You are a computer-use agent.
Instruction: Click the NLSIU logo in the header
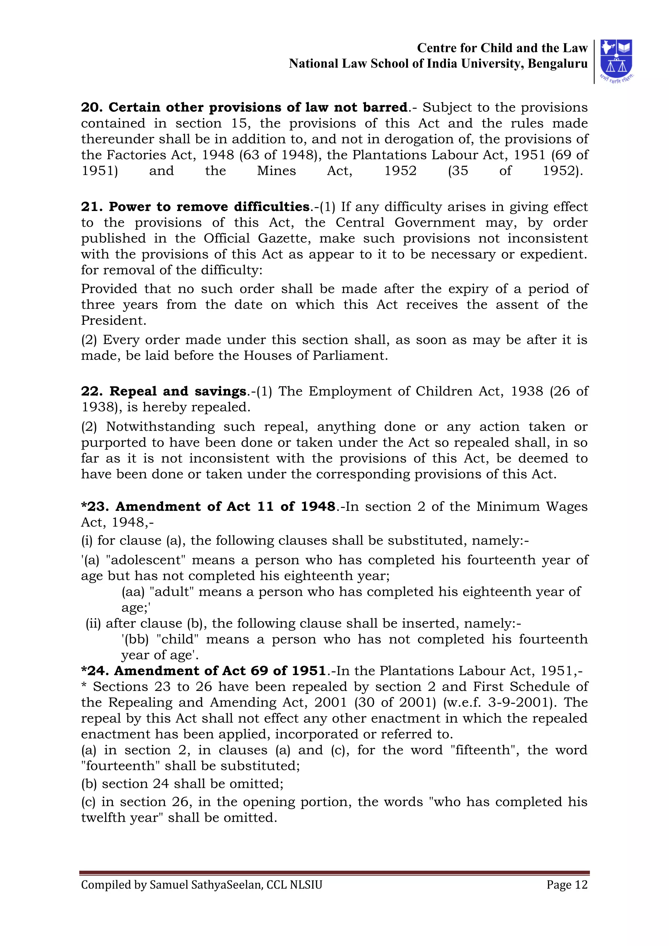point(616,60)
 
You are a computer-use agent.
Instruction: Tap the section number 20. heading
point(92,107)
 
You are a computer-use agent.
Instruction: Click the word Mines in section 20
point(276,171)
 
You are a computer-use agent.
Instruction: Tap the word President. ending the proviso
point(113,320)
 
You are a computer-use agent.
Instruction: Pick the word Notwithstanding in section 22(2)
point(160,427)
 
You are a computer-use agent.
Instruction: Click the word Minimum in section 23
point(508,507)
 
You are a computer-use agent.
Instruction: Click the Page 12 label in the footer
point(566,885)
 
